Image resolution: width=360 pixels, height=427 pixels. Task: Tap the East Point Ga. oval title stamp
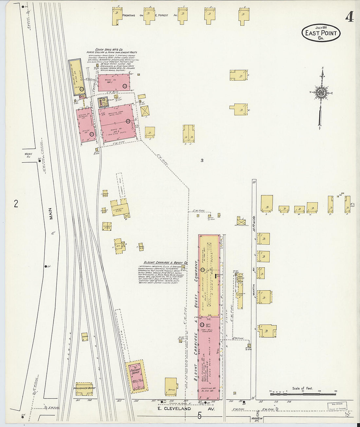pyautogui.click(x=321, y=33)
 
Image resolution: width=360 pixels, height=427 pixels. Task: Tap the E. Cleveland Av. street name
pyautogui.click(x=186, y=409)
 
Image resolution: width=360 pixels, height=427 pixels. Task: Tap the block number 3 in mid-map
pyautogui.click(x=202, y=160)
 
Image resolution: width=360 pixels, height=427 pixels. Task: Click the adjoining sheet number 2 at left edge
pyautogui.click(x=16, y=204)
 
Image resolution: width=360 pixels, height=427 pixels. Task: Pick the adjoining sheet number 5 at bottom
pyautogui.click(x=199, y=416)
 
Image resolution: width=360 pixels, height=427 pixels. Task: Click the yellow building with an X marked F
pyautogui.click(x=145, y=111)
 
